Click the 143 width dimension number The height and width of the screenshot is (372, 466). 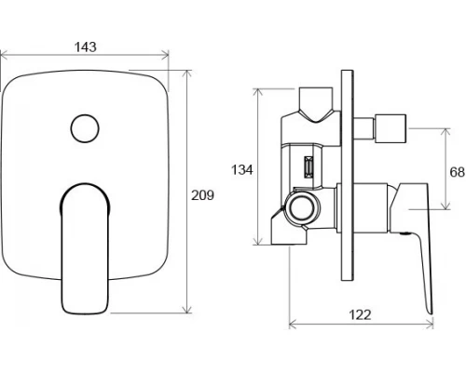[x=86, y=47]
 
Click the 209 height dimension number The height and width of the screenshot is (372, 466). [x=202, y=195]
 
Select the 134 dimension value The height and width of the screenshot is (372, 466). [x=242, y=170]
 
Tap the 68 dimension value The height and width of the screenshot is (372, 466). [x=457, y=172]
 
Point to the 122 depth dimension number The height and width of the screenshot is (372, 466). [x=361, y=314]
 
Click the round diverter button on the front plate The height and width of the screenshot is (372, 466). [x=85, y=128]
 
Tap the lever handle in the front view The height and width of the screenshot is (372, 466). [x=85, y=248]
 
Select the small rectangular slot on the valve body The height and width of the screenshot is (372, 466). [x=308, y=166]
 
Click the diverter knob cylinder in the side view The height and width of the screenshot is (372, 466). [x=391, y=128]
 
